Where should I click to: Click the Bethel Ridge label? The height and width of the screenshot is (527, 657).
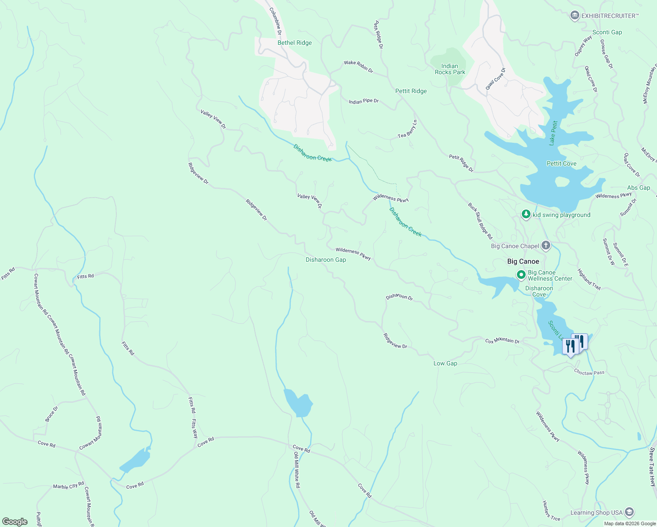pos(295,43)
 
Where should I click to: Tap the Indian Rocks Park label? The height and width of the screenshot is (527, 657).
pos(450,69)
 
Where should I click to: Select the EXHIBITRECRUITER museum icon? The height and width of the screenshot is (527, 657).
pos(574,16)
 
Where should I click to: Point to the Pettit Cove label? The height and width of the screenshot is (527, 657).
pos(561,163)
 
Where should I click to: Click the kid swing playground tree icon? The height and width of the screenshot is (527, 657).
pos(526,214)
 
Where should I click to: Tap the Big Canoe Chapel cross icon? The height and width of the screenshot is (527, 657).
pos(545,245)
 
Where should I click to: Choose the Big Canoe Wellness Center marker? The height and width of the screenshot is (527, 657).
pos(521,275)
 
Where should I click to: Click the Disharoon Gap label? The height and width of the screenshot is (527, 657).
pos(326,260)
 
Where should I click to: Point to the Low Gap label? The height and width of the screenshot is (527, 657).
pos(445,363)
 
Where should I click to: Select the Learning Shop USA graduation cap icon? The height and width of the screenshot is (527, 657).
pos(629,513)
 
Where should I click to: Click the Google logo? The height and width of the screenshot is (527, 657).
pos(15,522)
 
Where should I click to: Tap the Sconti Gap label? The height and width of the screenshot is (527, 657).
pos(607,32)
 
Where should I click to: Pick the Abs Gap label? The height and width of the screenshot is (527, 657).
pos(639,188)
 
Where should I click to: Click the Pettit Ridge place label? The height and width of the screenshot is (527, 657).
pos(411,91)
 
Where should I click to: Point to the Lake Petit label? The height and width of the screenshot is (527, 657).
pos(552,133)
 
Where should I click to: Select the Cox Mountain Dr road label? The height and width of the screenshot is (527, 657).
pos(502,341)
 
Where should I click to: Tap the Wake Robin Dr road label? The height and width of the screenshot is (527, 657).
pos(358,66)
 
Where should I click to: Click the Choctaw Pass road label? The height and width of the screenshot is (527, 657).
pos(589,372)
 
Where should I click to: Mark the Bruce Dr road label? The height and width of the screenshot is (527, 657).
pos(51,414)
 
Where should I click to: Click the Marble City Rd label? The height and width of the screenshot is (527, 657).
pos(69,486)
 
